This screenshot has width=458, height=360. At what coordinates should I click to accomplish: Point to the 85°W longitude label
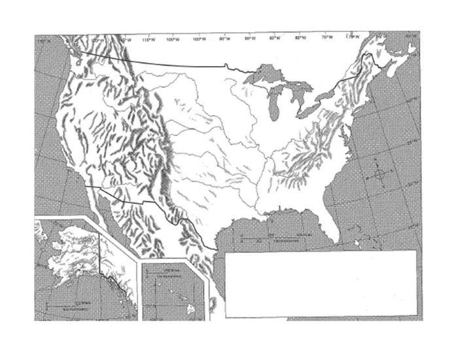tap(275, 39)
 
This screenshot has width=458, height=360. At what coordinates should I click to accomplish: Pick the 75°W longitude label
tap(326, 39)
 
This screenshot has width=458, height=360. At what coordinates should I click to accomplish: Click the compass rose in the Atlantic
tap(380, 175)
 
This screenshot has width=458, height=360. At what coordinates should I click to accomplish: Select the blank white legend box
tap(321, 283)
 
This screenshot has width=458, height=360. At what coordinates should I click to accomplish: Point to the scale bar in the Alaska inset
tap(72, 305)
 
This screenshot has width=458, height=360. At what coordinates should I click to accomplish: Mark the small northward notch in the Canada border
tap(226, 65)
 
